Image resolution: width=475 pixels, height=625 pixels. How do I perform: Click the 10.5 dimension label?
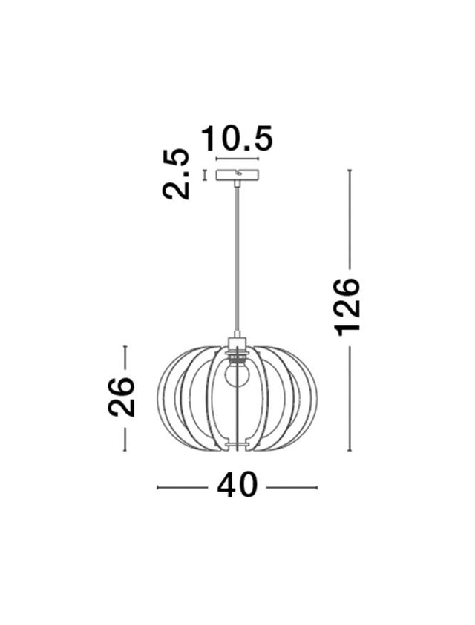click(x=237, y=139)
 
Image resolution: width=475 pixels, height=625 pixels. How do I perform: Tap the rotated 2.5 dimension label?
click(x=177, y=174)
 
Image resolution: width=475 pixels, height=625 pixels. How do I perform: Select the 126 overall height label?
click(x=347, y=306)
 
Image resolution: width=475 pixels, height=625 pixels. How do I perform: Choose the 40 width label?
click(x=237, y=486)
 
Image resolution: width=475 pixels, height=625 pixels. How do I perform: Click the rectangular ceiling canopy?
click(x=237, y=176)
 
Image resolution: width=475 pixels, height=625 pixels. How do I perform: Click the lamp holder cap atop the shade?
click(x=237, y=342)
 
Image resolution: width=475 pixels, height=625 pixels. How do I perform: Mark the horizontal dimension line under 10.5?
click(x=237, y=159)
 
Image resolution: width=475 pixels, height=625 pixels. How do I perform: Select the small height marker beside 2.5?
click(x=204, y=176)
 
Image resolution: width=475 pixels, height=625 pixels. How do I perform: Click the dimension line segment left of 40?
click(x=183, y=487)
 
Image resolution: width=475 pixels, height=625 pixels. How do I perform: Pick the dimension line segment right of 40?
click(x=292, y=487)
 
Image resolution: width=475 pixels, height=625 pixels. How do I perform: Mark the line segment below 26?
click(x=125, y=435)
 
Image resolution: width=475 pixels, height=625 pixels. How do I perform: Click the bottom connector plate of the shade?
click(x=237, y=445)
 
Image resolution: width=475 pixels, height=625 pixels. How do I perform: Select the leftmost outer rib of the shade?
click(x=159, y=397)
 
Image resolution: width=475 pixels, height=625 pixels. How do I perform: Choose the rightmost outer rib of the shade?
click(x=315, y=397)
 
